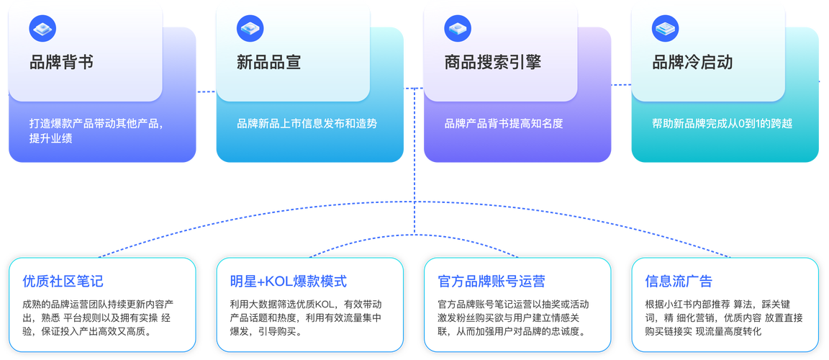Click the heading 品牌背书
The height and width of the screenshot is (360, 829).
tap(61, 63)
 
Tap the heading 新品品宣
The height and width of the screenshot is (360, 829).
tap(268, 63)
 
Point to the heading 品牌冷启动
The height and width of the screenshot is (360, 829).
tap(692, 63)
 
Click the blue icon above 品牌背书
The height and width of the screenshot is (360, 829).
tap(42, 28)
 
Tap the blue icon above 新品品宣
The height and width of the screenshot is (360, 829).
tap(249, 28)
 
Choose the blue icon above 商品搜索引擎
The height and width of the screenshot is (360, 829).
tap(457, 28)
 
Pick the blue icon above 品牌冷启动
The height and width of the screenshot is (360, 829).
tap(665, 28)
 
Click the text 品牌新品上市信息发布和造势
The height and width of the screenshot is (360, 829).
tap(307, 123)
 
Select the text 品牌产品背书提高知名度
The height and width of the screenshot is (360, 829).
tap(504, 123)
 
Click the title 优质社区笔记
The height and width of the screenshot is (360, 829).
tap(63, 281)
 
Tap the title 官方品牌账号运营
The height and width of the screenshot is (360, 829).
tap(491, 281)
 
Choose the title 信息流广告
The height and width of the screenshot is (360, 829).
tap(679, 281)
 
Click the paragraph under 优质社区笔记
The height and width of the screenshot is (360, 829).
tap(96, 318)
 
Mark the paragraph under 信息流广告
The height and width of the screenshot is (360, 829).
tap(724, 318)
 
